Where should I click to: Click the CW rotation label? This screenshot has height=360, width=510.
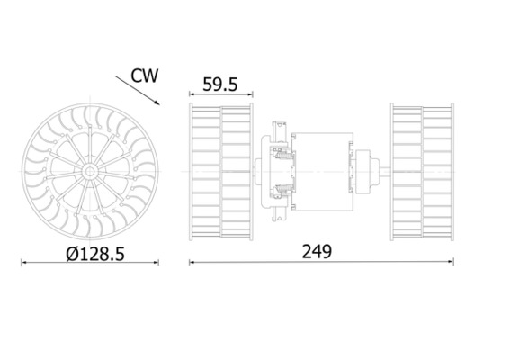tap(144, 76)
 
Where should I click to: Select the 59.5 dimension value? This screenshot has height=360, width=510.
tap(220, 85)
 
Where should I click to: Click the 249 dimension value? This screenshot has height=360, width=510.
tap(317, 252)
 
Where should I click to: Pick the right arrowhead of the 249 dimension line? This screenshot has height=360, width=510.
tap(451, 263)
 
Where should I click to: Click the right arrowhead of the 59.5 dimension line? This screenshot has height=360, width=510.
tap(251, 94)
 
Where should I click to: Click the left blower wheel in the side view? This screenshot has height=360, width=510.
tap(221, 171)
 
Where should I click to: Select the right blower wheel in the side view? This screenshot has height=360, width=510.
tap(421, 171)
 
